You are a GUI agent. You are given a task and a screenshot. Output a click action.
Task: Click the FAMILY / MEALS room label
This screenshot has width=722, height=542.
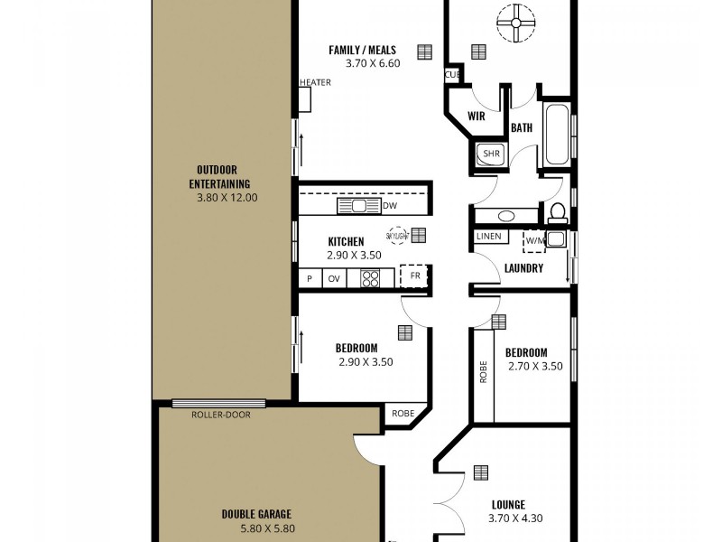pyautogui.click(x=362, y=50)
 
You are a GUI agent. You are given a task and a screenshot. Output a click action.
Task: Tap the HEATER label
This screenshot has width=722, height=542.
pyautogui.click(x=315, y=82)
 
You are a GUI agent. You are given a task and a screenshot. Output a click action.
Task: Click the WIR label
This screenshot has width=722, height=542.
pyautogui.click(x=477, y=117)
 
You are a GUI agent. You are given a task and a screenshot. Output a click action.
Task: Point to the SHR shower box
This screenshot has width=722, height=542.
pyautogui.click(x=491, y=154)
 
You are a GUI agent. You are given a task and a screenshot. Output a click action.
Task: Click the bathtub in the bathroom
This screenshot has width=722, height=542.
pyautogui.click(x=556, y=136)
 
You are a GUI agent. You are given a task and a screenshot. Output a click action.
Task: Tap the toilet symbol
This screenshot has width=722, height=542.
pyautogui.click(x=558, y=213)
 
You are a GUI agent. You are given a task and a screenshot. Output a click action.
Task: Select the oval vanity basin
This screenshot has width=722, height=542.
pyautogui.click(x=506, y=216)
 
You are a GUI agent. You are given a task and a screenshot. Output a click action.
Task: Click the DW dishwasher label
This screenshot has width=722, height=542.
pyautogui.click(x=390, y=206)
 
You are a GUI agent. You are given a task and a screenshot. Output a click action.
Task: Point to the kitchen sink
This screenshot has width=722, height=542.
pyautogui.click(x=359, y=206)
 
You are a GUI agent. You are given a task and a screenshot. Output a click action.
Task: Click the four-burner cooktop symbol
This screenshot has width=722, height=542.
pyautogui.click(x=370, y=279)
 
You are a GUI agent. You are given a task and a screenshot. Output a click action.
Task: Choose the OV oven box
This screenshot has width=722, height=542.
pyautogui.click(x=335, y=279)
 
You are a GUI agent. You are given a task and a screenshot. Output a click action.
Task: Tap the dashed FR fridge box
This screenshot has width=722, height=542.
pyautogui.click(x=415, y=276)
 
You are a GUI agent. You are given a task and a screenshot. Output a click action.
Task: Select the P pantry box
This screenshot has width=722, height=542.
pyautogui.click(x=310, y=279)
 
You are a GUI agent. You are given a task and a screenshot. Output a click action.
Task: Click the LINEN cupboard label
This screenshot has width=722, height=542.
pyautogui.click(x=488, y=237)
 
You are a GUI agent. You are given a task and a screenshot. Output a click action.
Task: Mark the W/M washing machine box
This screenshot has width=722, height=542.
pyautogui.click(x=534, y=241)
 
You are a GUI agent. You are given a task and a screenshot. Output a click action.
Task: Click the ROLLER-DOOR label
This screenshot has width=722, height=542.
pyautogui.click(x=221, y=415)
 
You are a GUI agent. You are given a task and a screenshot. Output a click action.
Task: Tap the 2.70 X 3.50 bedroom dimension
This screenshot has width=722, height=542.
pyautogui.click(x=534, y=367)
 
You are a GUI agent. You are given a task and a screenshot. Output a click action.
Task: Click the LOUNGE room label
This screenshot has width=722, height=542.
pyautogui.click(x=508, y=505)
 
